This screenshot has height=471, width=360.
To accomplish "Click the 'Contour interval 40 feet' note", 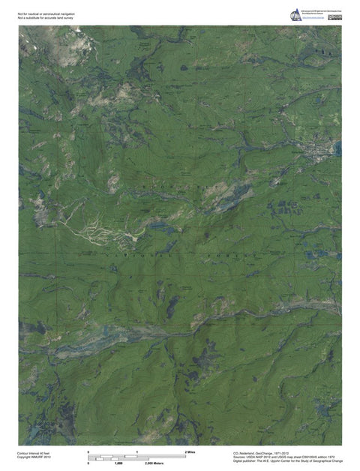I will pos(34,454).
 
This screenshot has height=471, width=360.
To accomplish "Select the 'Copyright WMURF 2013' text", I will pos(34,459).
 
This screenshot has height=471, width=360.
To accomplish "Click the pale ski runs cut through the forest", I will pos(101,225).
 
